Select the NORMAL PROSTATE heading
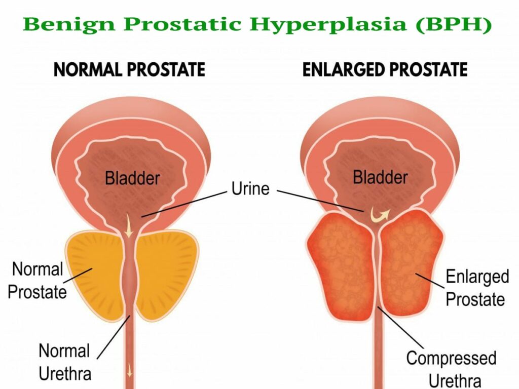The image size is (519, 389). tap(129, 69)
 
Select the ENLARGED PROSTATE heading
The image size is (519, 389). tap(385, 69)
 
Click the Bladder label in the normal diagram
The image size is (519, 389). tap(132, 178)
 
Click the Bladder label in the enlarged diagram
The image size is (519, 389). tap(380, 177)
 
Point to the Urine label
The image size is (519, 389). tap(250, 188)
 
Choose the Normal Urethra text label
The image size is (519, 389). tap(65, 362)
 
